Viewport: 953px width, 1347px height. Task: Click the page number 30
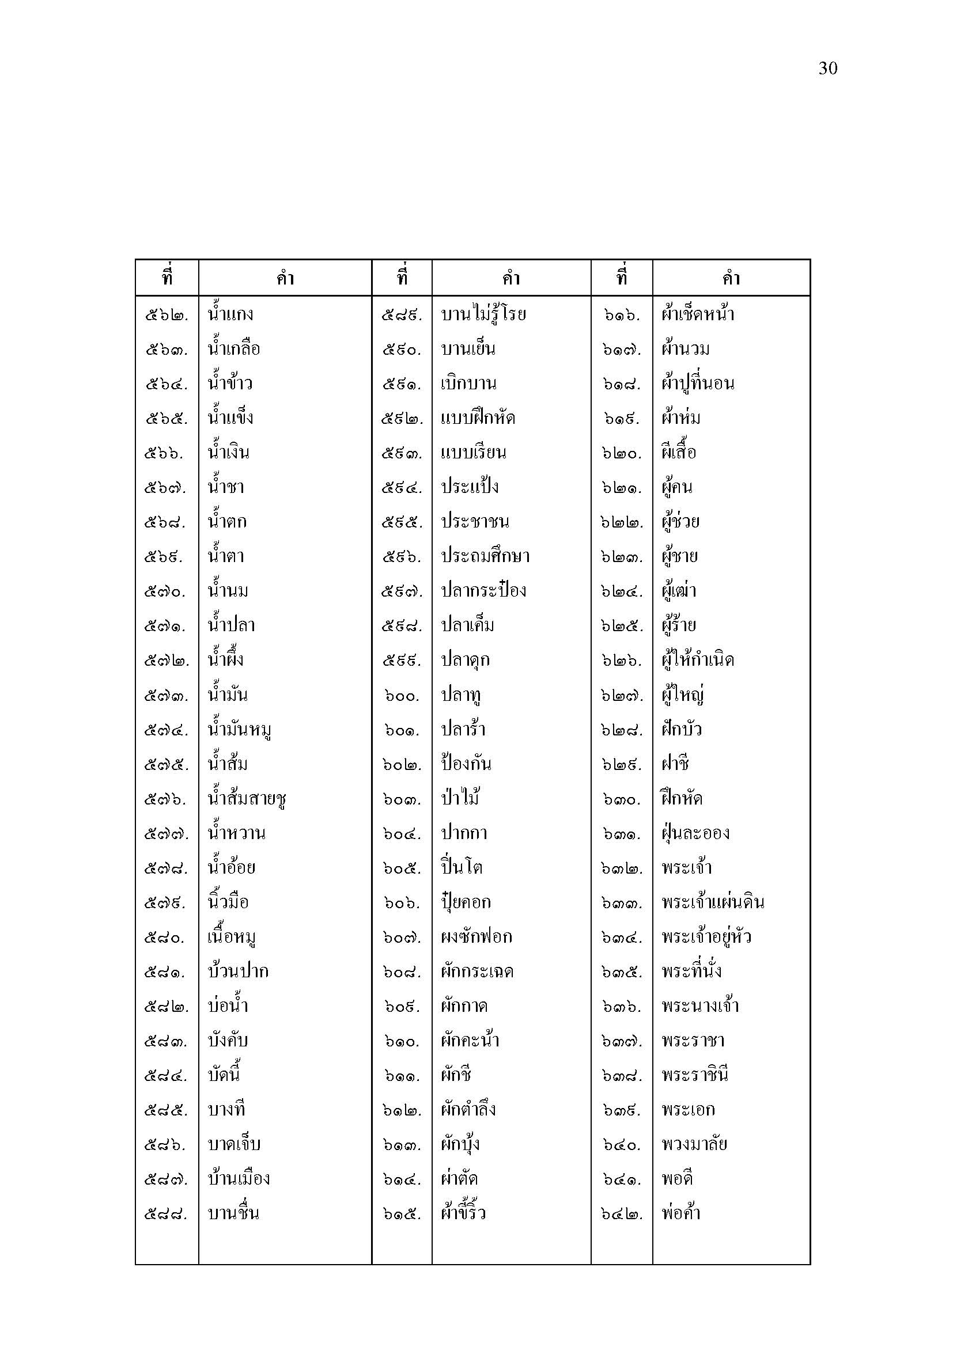click(827, 69)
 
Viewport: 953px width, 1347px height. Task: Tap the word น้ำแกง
click(230, 314)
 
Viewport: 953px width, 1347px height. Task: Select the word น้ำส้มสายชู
click(247, 798)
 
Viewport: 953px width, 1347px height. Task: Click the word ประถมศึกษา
click(485, 556)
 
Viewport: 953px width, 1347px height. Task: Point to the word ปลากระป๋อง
click(483, 590)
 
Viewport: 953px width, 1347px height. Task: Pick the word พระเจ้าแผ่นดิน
click(712, 902)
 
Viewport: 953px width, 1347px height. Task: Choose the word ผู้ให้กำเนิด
click(698, 660)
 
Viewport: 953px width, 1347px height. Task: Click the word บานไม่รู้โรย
click(483, 314)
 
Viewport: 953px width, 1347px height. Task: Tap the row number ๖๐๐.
click(402, 696)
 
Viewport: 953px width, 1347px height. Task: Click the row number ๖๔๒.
click(622, 1214)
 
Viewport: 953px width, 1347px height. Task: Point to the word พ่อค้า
click(680, 1213)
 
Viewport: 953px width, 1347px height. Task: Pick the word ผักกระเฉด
click(477, 971)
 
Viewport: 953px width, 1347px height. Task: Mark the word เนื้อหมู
click(231, 937)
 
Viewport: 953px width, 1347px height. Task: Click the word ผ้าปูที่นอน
click(698, 383)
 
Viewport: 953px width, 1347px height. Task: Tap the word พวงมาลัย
click(694, 1144)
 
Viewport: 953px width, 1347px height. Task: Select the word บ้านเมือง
click(239, 1178)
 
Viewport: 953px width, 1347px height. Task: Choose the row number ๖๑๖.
click(622, 315)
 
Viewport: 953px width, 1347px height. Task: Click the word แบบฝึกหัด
click(478, 418)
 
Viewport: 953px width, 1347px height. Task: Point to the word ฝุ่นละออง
click(695, 833)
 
